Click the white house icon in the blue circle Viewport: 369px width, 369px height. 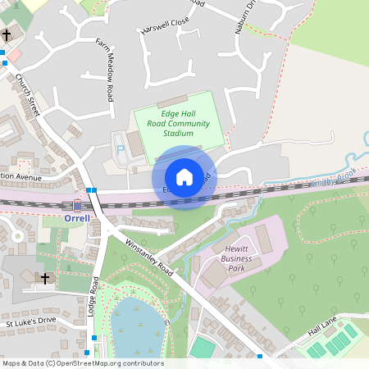(184, 177)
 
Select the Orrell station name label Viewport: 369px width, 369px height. (76, 219)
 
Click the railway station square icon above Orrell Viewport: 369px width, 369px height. (77, 206)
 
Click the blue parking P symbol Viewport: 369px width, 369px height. (121, 150)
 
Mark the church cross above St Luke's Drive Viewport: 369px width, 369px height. (45, 279)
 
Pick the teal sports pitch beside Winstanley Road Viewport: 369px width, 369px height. (203, 348)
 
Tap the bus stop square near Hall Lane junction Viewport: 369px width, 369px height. (259, 357)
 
